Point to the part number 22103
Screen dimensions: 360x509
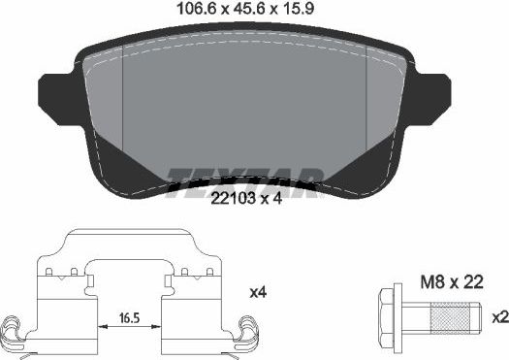pos(231,200)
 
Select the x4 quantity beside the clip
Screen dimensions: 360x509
pos(259,292)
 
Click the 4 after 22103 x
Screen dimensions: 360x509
pos(278,200)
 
